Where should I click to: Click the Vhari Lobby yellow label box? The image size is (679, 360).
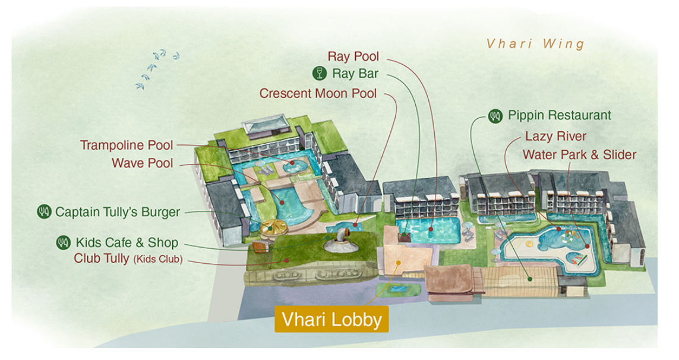(331, 319)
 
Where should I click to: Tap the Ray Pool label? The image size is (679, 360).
(353, 56)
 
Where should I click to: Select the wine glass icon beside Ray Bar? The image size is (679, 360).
(320, 73)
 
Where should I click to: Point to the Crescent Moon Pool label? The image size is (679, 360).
(318, 93)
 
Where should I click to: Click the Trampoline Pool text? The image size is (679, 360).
(127, 145)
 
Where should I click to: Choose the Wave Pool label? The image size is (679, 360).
(142, 163)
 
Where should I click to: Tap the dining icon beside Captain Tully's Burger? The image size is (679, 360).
(44, 212)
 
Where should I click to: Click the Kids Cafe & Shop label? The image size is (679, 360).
(127, 242)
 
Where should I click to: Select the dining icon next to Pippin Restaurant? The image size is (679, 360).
(495, 116)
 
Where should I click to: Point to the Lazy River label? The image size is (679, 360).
(555, 137)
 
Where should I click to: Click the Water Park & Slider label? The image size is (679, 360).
(579, 154)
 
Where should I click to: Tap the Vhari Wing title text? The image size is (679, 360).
(535, 44)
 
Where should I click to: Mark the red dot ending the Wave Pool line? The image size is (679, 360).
(282, 203)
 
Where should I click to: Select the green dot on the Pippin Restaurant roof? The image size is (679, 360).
(529, 279)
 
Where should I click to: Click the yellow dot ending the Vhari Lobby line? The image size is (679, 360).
(399, 262)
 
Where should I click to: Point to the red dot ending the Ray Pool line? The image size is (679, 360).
(431, 229)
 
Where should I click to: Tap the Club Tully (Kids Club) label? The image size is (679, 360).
(128, 258)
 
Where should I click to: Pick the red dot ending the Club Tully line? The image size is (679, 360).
(287, 260)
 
